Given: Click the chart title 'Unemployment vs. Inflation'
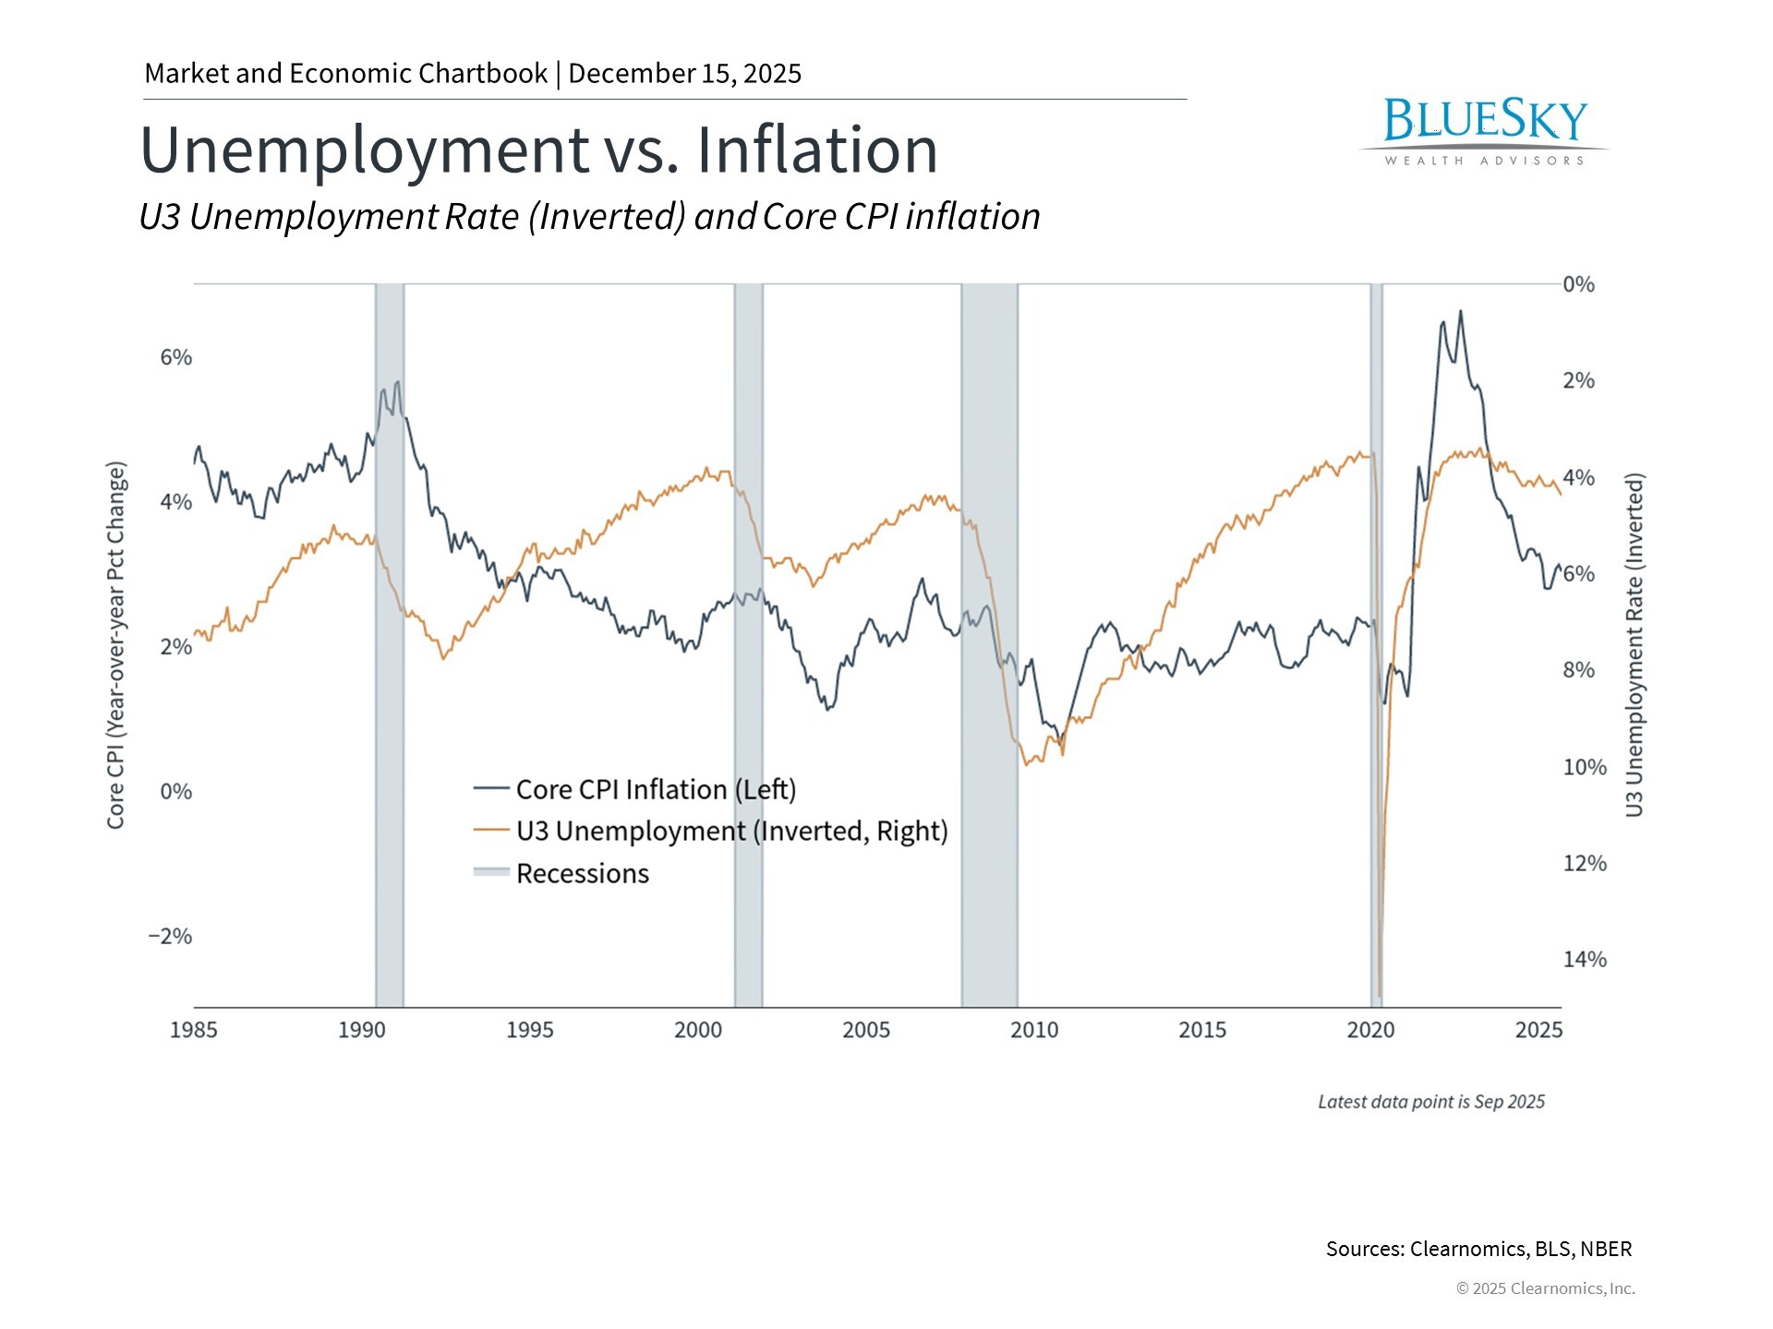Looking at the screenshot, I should point(538,150).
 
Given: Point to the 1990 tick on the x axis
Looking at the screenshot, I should point(362,1030).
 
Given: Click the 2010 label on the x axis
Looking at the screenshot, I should point(1034,1030).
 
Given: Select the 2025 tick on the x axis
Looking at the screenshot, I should point(1538,1030).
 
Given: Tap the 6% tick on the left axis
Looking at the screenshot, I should point(176,357).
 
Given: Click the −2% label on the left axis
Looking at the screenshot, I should point(171,936).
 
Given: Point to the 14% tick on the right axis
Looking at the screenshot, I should point(1585,960).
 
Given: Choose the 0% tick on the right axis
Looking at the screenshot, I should point(1579,284).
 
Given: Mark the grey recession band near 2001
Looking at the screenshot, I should point(749,646).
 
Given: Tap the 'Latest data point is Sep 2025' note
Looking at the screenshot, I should point(1430,1102).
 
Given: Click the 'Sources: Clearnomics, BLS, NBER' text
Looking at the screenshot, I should point(1478,1249).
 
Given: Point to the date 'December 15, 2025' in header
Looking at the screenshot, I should point(685,74).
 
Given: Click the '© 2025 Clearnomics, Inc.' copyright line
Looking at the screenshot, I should point(1545,1288).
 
